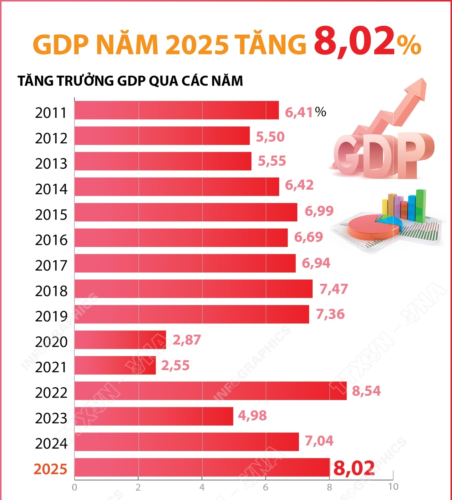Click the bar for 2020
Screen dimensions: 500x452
pyautogui.click(x=120, y=340)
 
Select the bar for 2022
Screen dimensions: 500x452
pyautogui.click(x=210, y=391)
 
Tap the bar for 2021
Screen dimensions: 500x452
pyautogui.click(x=115, y=365)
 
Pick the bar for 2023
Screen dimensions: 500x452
pyautogui.click(x=154, y=416)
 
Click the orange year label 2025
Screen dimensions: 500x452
pyautogui.click(x=50, y=469)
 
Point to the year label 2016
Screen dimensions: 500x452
pyautogui.click(x=51, y=240)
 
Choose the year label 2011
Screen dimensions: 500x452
pyautogui.click(x=51, y=113)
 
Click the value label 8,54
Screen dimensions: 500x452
pyautogui.click(x=366, y=391)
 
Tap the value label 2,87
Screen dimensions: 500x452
pyautogui.click(x=187, y=340)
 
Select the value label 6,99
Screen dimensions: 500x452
pyautogui.click(x=319, y=211)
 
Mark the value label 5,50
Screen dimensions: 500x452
pyautogui.click(x=270, y=137)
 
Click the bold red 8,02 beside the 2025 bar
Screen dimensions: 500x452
pyautogui.click(x=354, y=468)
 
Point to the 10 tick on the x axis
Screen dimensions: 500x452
pyautogui.click(x=393, y=487)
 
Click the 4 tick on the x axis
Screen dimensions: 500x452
pyautogui.click(x=202, y=487)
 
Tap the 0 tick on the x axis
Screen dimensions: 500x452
pyautogui.click(x=74, y=487)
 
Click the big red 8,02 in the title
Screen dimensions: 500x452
pyautogui.click(x=354, y=42)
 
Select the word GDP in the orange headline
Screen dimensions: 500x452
pyautogui.click(x=60, y=45)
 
